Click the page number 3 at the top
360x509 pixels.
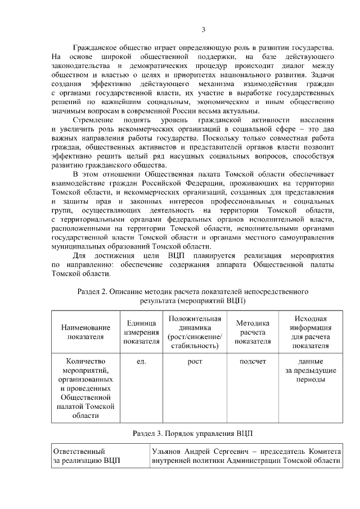pos(204,30)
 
